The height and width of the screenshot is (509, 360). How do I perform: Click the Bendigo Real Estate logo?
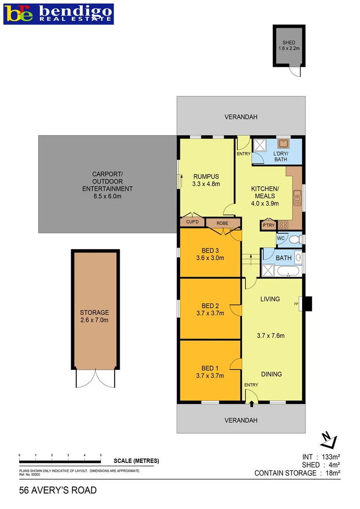59,14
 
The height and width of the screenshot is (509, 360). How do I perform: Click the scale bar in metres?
60,461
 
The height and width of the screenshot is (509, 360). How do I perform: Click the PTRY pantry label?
268,226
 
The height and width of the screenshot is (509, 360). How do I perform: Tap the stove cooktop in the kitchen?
284,225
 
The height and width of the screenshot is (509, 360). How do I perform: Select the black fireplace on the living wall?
307,304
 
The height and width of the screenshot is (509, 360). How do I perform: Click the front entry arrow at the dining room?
251,403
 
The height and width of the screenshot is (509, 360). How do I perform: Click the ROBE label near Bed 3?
222,223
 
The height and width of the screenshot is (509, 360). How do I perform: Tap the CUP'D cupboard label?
192,222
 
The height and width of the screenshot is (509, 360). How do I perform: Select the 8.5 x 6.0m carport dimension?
107,196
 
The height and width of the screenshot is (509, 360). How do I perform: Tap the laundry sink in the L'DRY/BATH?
284,144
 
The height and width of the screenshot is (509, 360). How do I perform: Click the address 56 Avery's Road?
57,491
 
